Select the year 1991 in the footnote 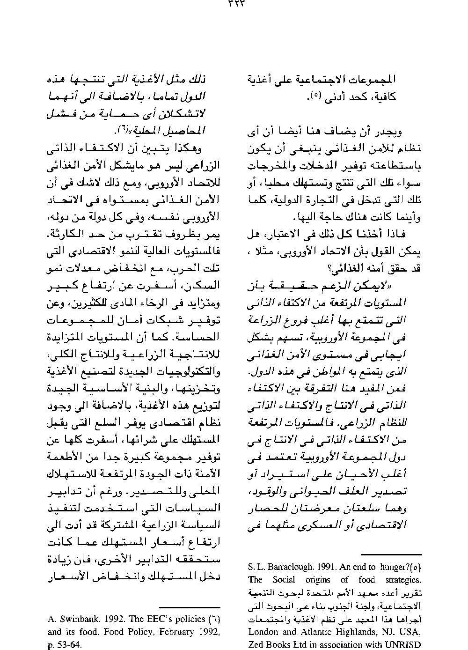(x=323, y=567)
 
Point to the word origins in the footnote (x=318, y=580)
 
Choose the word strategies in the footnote (x=402, y=580)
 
